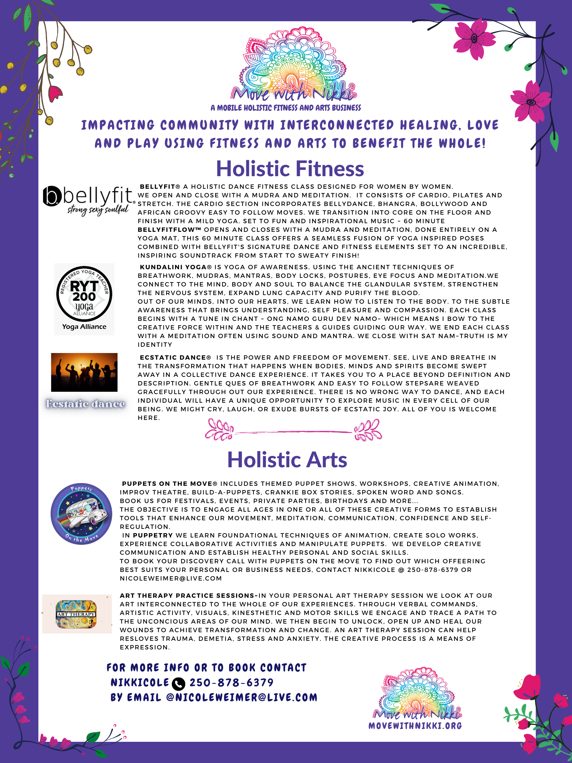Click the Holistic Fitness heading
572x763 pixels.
pos(290,169)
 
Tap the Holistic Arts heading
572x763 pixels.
pos(287,460)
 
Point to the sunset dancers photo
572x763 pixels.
pos(84,372)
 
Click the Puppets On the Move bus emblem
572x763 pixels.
pos(81,514)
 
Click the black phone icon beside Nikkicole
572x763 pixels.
pos(178,684)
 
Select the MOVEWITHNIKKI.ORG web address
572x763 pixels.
pos(415,726)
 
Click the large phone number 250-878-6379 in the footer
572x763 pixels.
pos(231,683)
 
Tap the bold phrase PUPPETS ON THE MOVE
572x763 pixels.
pos(167,484)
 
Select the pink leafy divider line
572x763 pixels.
pos(293,431)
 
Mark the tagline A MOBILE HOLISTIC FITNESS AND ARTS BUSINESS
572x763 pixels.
pos(286,108)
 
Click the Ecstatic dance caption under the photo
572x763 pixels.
pos(85,404)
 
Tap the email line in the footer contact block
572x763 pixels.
pos(214,697)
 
